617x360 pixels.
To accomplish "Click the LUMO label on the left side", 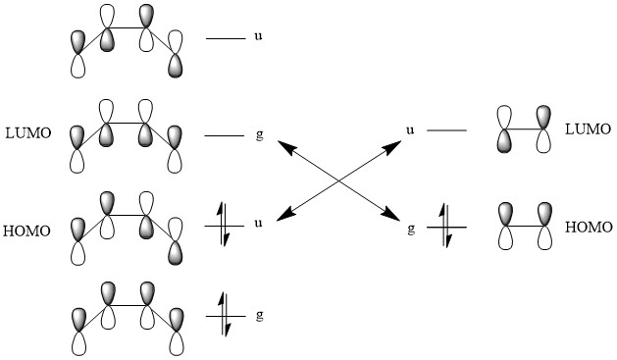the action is (x=28, y=133).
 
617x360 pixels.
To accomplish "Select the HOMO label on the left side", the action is (x=26, y=231).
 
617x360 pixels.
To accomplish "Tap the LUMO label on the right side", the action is (x=588, y=129).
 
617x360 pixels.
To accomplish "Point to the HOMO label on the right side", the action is (x=589, y=227).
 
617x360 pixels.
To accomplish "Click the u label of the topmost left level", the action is (x=258, y=36).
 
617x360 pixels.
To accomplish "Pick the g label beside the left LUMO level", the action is (x=259, y=135).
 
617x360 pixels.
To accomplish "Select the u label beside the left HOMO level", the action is (x=258, y=224).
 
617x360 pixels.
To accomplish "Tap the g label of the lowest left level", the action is (x=259, y=316).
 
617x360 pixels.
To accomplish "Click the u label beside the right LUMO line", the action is (x=410, y=129).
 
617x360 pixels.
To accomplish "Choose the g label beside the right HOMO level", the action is (x=411, y=229).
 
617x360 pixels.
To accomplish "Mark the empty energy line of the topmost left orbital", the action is (x=226, y=38).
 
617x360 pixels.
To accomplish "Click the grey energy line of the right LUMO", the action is (x=446, y=129).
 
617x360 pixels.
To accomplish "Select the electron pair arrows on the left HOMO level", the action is (x=223, y=225).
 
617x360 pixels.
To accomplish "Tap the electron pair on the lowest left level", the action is (x=225, y=315).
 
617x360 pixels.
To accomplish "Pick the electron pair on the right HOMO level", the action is (x=446, y=226).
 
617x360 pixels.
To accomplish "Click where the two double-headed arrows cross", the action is (x=339, y=180).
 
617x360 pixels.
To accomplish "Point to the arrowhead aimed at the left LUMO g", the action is (x=286, y=147).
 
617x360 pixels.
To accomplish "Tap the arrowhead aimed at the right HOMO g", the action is (x=391, y=213).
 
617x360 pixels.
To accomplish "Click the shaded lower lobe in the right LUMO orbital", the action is (x=504, y=141).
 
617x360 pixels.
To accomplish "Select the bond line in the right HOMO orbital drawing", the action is (x=525, y=227).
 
